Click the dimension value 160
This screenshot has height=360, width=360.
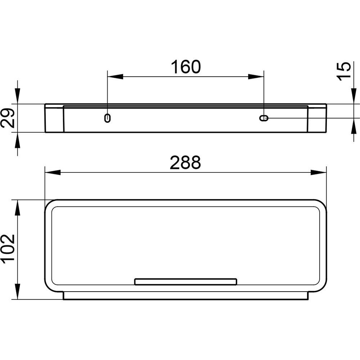(x=186, y=67)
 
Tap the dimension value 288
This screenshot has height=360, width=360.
(x=185, y=163)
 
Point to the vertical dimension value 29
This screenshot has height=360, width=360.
(x=8, y=118)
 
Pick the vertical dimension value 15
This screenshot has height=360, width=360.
(x=344, y=71)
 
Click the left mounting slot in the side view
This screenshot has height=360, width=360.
(x=107, y=118)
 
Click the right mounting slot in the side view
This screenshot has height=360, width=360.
(x=264, y=118)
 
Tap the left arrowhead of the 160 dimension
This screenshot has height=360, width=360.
(x=115, y=77)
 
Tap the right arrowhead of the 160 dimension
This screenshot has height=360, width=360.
(x=256, y=77)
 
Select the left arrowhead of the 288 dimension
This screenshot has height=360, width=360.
(x=53, y=172)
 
